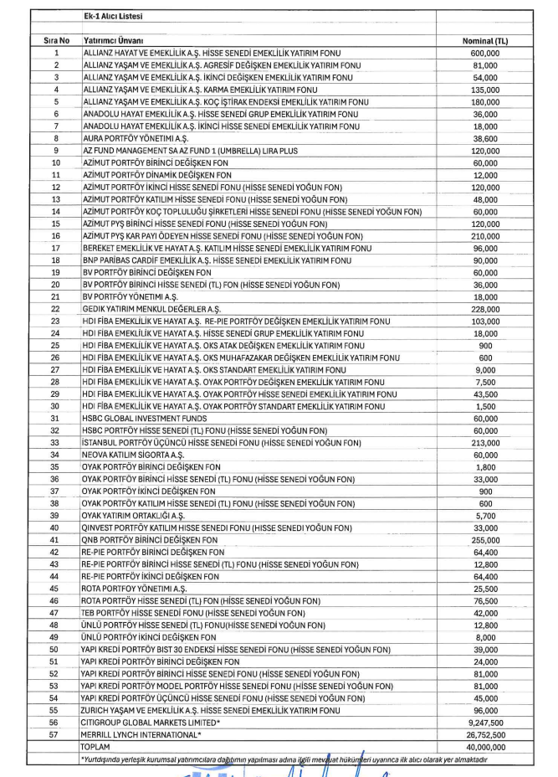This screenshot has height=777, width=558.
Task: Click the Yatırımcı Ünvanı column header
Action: [x=114, y=41]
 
